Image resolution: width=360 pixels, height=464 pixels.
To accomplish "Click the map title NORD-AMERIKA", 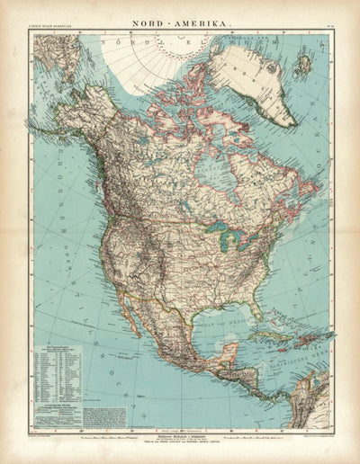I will tap(180, 17).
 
